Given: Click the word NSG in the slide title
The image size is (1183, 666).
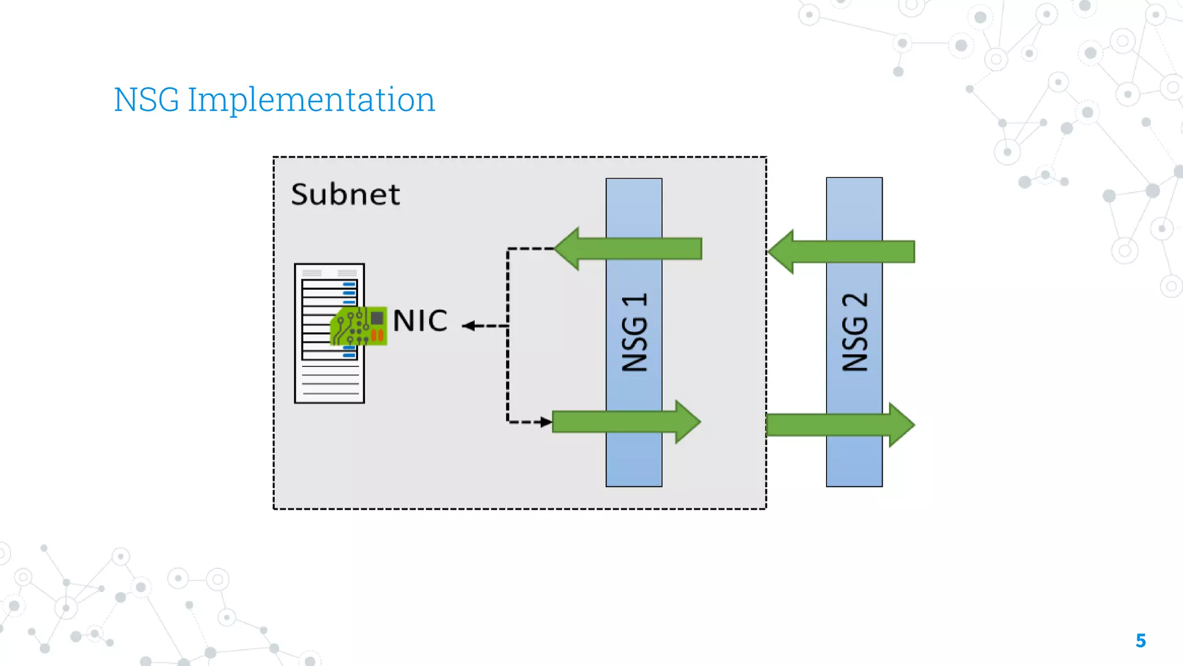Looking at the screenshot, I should tap(147, 100).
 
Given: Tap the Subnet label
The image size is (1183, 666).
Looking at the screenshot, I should tap(345, 194).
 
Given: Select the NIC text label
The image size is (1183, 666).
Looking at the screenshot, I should tap(420, 321).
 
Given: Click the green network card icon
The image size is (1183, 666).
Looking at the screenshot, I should tap(358, 327).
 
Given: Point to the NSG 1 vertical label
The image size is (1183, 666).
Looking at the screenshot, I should tap(634, 332).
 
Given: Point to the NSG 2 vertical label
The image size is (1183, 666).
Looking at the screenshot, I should tap(854, 332).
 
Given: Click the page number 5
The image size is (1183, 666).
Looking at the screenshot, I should tap(1140, 641).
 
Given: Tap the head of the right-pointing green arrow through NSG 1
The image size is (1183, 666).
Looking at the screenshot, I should tap(687, 422).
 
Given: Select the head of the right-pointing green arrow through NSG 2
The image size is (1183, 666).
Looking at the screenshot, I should tap(901, 425).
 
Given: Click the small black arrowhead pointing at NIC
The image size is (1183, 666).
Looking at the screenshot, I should tap(468, 326).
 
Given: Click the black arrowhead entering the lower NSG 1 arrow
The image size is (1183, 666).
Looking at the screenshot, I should tap(545, 422).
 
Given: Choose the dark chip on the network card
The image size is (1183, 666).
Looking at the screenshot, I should tap(377, 318).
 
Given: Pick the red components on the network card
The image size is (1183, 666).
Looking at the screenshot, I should tap(377, 335).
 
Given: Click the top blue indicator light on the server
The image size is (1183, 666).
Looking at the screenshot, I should tap(349, 284).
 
